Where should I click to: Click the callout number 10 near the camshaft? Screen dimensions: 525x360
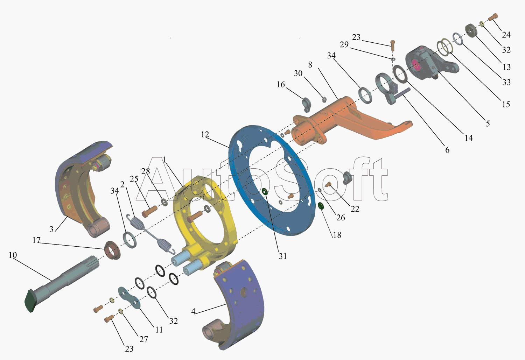[x=13, y=255]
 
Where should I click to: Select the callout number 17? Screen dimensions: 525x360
[x=36, y=240]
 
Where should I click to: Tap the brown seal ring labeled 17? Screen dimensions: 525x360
[x=112, y=250]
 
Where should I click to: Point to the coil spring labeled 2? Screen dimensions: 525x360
[x=150, y=234]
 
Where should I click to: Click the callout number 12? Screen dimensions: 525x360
[x=205, y=134]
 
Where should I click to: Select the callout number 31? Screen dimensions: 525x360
[x=283, y=256]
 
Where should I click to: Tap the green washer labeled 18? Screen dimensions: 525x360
[x=321, y=206]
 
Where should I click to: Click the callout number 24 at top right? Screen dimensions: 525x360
[x=506, y=35]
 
